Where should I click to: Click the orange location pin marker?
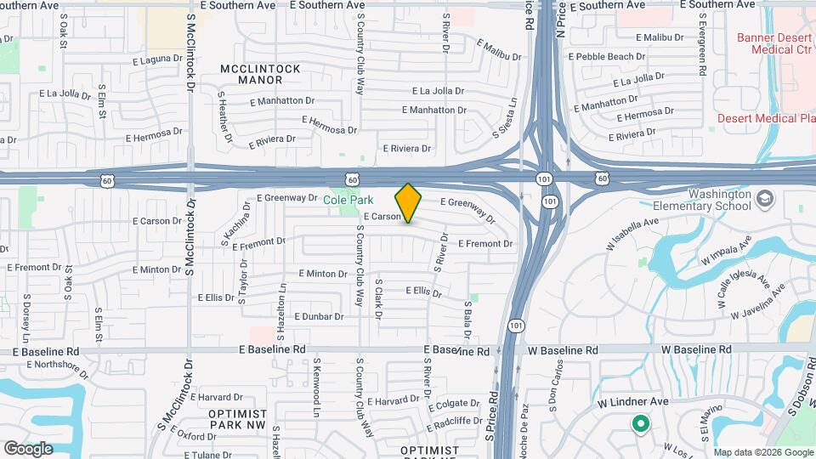(409, 203)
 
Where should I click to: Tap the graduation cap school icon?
(765, 198)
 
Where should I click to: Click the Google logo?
(28, 448)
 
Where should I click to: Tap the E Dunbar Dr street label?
(318, 316)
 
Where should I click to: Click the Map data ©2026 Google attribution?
(762, 452)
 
